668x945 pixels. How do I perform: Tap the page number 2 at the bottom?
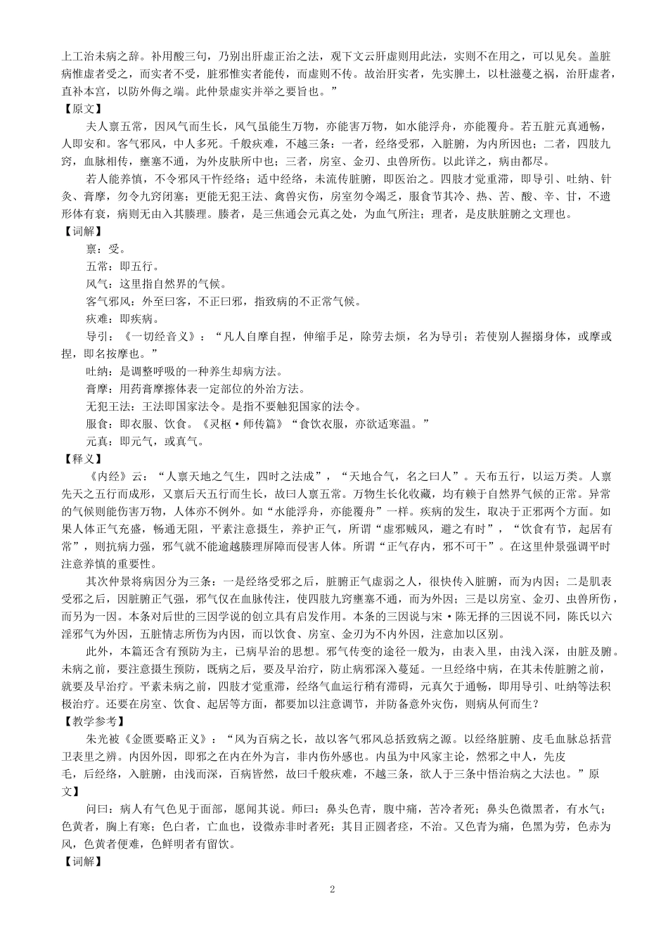(x=333, y=889)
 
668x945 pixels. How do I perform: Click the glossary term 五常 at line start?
(x=96, y=266)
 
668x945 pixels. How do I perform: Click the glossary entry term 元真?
(x=96, y=442)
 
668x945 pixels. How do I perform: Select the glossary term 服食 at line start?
(x=96, y=424)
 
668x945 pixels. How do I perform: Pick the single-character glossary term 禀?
(x=90, y=249)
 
